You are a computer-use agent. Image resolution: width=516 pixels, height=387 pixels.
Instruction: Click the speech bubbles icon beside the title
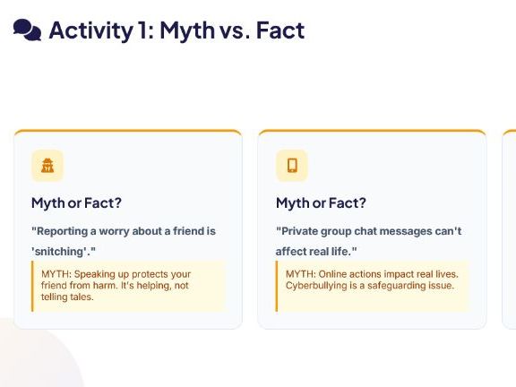[27, 30]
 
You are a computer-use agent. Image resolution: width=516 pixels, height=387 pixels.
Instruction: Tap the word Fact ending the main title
[280, 30]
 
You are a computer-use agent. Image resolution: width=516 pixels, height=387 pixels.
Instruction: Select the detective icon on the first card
[47, 165]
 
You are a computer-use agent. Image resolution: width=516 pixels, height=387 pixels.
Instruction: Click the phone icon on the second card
[292, 165]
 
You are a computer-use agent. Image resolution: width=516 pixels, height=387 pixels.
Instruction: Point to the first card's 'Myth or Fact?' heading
[76, 202]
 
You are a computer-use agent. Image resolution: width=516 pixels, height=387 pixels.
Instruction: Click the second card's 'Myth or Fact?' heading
[321, 202]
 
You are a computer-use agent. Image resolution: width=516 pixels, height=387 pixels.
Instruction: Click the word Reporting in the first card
[62, 231]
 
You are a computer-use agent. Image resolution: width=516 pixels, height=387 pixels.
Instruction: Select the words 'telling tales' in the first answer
[66, 297]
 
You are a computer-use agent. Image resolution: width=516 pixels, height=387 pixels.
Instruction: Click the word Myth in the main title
[187, 31]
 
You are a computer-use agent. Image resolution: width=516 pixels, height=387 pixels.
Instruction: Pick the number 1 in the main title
[142, 30]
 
